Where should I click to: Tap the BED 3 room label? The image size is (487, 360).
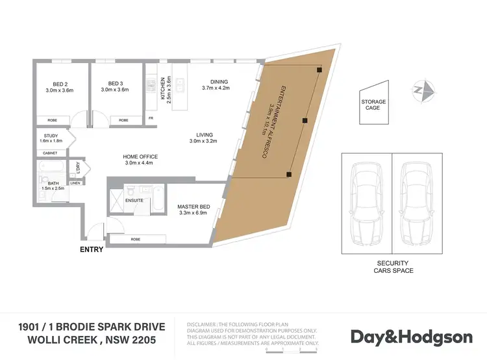(116, 84)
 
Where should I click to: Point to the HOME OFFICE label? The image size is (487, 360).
(140, 157)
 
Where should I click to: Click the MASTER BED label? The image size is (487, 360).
(192, 207)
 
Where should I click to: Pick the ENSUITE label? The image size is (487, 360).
(135, 201)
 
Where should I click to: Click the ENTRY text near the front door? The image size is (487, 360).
(90, 248)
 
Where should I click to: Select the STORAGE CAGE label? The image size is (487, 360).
(373, 105)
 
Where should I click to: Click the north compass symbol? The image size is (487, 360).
(425, 90)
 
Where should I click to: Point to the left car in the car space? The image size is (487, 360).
(366, 201)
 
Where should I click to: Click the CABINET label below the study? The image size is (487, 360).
(50, 153)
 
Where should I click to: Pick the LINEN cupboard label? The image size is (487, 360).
(75, 183)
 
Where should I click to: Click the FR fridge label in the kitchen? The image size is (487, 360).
(151, 118)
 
